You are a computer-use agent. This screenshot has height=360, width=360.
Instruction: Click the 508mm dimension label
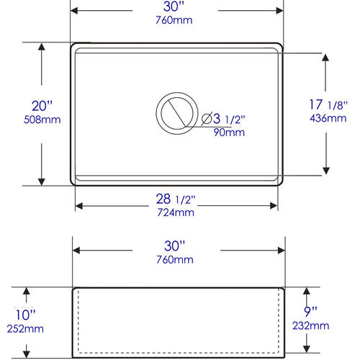coord(42,120)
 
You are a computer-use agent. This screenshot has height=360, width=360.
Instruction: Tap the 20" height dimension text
coord(42,106)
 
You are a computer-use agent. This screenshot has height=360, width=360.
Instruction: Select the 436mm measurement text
coord(328,118)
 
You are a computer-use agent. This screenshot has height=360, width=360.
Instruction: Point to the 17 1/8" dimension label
coord(328,104)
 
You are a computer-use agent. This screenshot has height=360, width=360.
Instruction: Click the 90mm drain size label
coord(229,132)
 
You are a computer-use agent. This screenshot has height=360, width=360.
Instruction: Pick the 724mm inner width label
coord(176,212)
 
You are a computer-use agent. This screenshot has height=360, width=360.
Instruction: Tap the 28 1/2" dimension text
coord(176,199)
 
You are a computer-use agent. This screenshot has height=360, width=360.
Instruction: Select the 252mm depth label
coord(25,328)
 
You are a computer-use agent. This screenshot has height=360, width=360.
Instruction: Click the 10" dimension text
coord(25,315)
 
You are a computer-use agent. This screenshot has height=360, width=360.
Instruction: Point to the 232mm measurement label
coord(311,325)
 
